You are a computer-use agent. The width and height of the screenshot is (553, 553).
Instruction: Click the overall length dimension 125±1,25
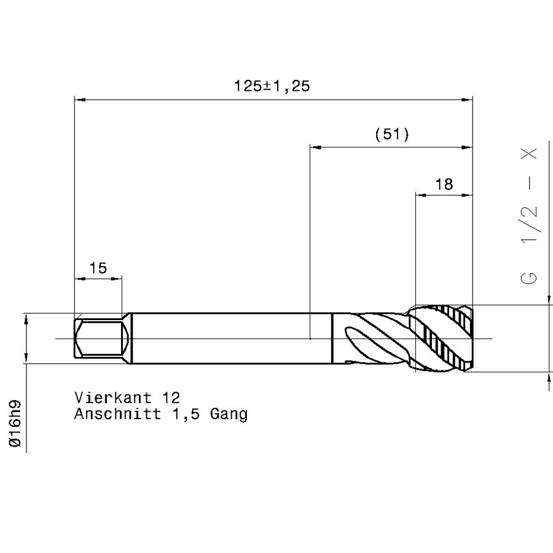point(272,86)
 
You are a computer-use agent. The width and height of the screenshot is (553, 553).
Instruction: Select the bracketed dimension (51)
point(391,135)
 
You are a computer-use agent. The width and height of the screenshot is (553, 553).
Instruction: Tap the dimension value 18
point(444,184)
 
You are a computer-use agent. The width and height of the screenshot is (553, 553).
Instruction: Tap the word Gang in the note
point(229,415)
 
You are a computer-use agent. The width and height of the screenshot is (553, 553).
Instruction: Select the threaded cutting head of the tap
point(444,338)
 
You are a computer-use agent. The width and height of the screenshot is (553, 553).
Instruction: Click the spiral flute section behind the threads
point(372,338)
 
